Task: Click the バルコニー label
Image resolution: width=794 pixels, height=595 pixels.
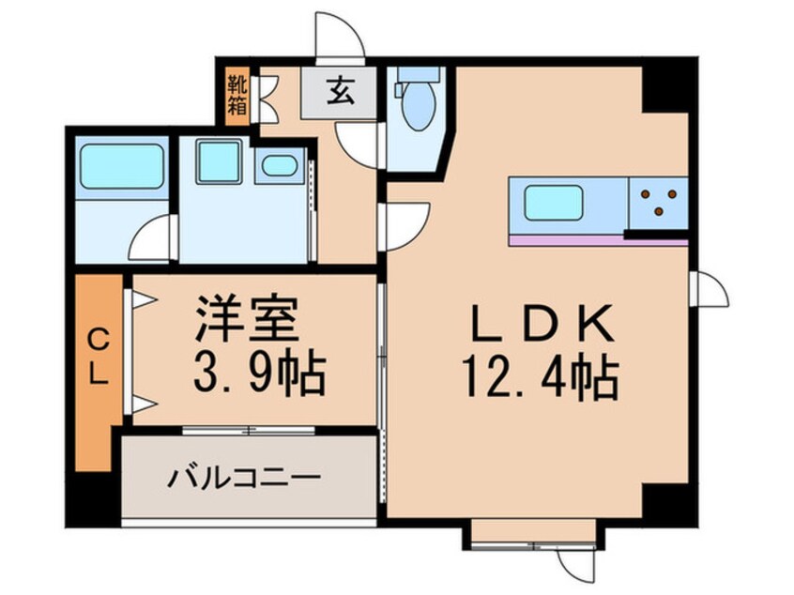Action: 245,478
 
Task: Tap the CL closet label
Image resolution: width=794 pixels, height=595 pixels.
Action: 98,357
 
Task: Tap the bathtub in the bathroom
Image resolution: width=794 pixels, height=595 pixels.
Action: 121,168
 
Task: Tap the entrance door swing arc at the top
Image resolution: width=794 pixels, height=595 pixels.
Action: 338,38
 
